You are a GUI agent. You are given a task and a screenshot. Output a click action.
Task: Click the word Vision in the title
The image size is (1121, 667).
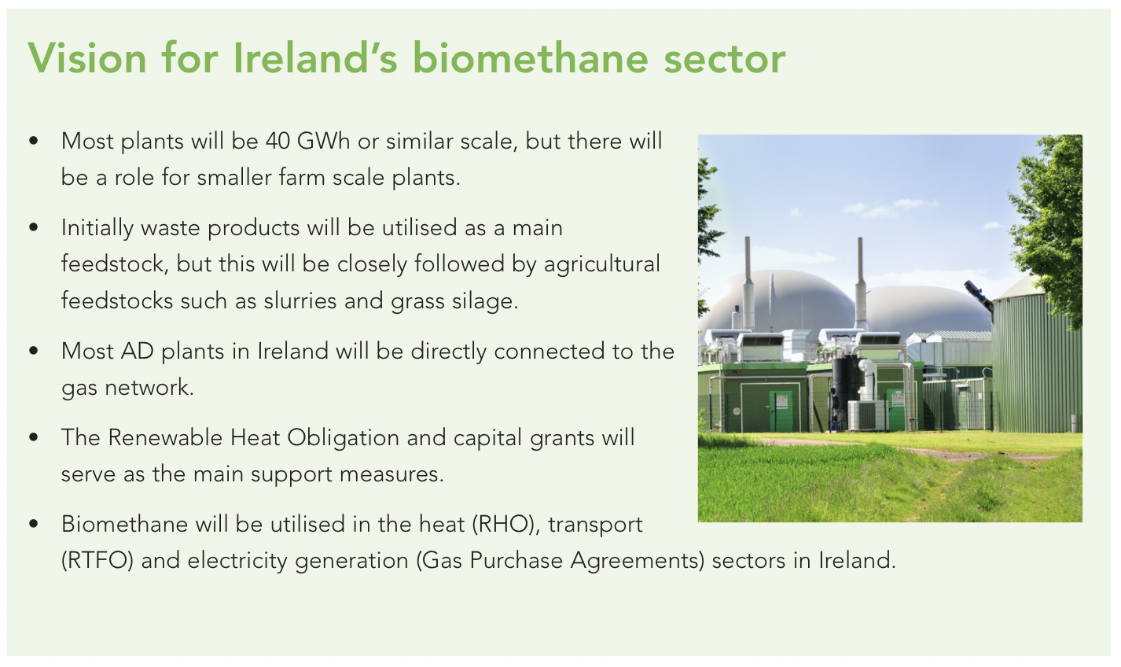[87, 57]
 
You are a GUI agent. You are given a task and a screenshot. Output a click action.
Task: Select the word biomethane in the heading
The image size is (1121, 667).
[531, 57]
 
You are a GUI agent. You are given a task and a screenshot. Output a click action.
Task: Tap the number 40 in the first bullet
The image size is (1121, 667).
[277, 142]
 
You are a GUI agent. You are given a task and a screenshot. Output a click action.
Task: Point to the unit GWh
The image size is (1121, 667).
[323, 142]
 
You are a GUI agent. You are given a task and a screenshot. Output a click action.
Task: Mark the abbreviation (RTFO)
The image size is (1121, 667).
[97, 560]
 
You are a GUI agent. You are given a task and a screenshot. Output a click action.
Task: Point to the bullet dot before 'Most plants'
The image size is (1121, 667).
[34, 141]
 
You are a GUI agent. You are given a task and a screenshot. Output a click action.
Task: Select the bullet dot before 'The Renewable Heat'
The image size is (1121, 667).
[34, 437]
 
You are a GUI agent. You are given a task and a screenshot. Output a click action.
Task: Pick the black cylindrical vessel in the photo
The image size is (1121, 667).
[845, 385]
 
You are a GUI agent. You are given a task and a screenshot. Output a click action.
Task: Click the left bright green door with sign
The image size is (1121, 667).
[781, 411]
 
